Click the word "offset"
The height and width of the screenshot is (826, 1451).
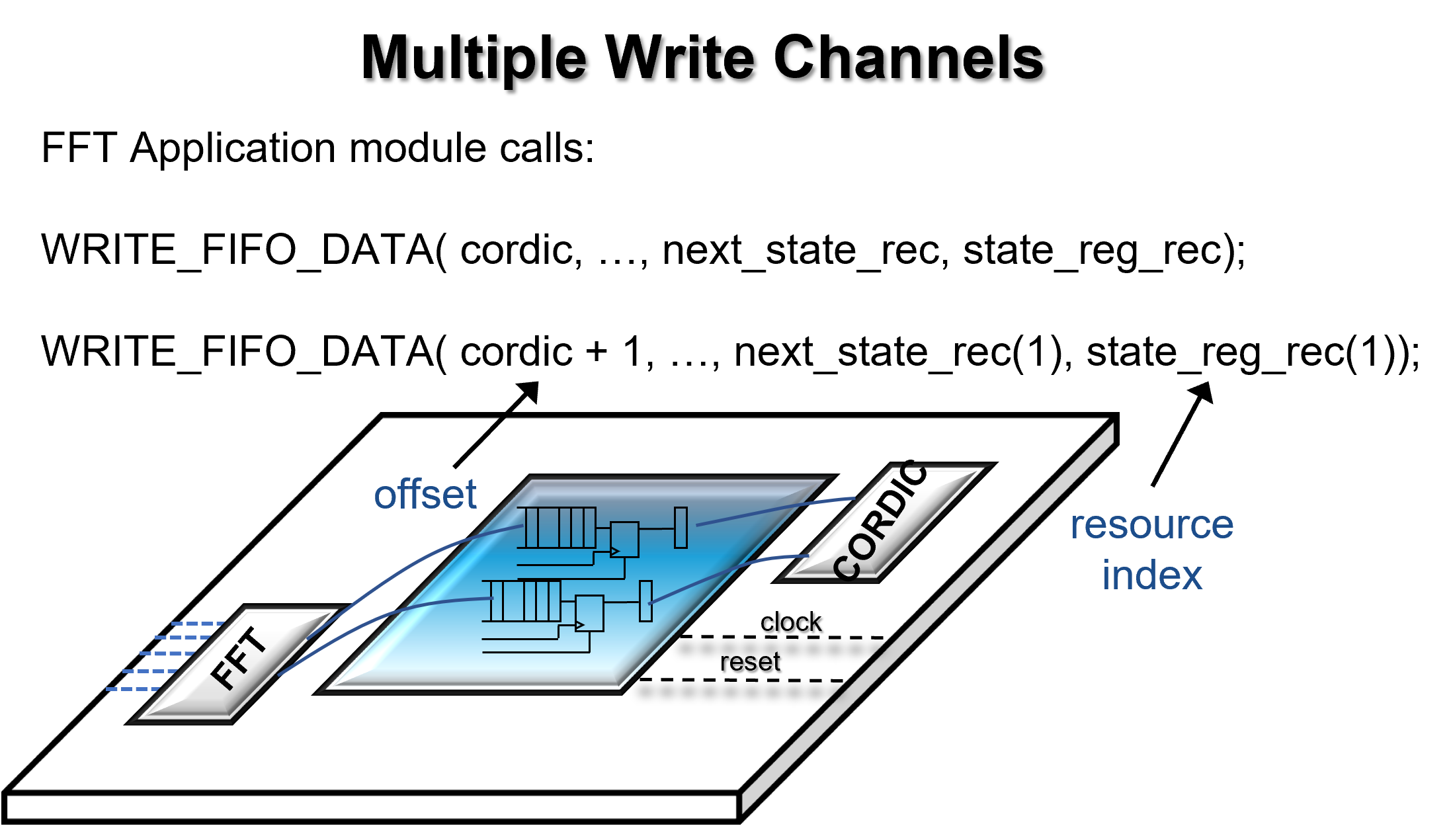[x=425, y=494]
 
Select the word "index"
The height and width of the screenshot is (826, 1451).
[x=1151, y=575]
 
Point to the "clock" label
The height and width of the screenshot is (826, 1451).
[x=790, y=622]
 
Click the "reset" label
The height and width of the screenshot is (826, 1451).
[x=750, y=661]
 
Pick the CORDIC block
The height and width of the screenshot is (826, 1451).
[x=883, y=522]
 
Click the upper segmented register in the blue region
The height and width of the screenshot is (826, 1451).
[x=557, y=528]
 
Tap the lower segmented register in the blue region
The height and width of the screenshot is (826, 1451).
[x=522, y=601]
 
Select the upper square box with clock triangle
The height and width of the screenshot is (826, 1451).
[x=624, y=540]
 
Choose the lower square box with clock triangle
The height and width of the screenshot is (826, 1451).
[x=589, y=613]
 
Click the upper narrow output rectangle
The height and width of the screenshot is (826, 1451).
[x=681, y=528]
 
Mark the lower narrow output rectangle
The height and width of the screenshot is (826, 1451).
[x=645, y=601]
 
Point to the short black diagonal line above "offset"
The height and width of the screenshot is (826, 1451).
[x=479, y=443]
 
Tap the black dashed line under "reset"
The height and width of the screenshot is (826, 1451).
[x=741, y=680]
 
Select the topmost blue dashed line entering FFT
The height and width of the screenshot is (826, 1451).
[x=197, y=623]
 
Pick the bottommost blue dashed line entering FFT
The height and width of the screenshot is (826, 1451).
[x=132, y=689]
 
